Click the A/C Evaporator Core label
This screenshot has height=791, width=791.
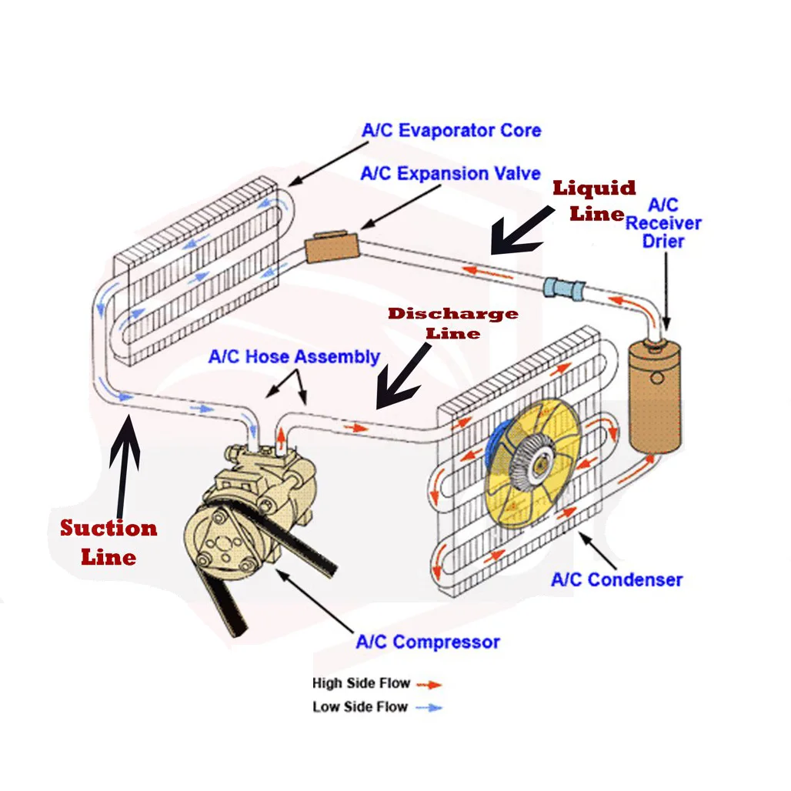pyautogui.click(x=451, y=131)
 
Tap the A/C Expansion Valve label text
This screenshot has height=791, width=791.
pyautogui.click(x=450, y=174)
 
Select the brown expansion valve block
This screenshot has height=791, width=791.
pyautogui.click(x=332, y=247)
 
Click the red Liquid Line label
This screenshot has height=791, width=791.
pyautogui.click(x=594, y=201)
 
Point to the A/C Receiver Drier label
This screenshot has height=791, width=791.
pyautogui.click(x=663, y=223)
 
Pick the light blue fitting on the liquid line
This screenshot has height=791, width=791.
pyautogui.click(x=564, y=288)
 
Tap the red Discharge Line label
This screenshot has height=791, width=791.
pyautogui.click(x=452, y=323)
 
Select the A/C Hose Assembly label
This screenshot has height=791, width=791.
pyautogui.click(x=294, y=357)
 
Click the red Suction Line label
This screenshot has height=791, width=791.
pyautogui.click(x=108, y=542)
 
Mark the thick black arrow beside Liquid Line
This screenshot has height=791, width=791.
pyautogui.click(x=519, y=232)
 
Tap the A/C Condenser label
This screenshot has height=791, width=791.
pyautogui.click(x=616, y=580)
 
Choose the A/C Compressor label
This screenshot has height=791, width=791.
pyautogui.click(x=428, y=642)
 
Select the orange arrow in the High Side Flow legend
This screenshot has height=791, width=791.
pyautogui.click(x=429, y=685)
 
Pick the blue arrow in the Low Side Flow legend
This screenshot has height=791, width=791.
pyautogui.click(x=429, y=708)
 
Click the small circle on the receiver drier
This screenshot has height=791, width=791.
pyautogui.click(x=657, y=377)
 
